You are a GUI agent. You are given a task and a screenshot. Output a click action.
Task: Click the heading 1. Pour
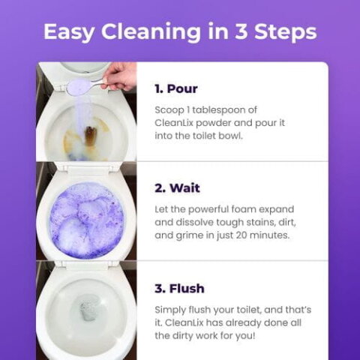(x=175, y=88)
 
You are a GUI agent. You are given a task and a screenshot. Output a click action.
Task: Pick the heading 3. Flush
(x=179, y=288)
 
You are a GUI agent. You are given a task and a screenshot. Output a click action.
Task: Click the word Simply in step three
(x=170, y=310)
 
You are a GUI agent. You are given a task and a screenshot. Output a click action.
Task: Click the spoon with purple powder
(x=82, y=85)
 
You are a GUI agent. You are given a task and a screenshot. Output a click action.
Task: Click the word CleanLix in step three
(x=185, y=323)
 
